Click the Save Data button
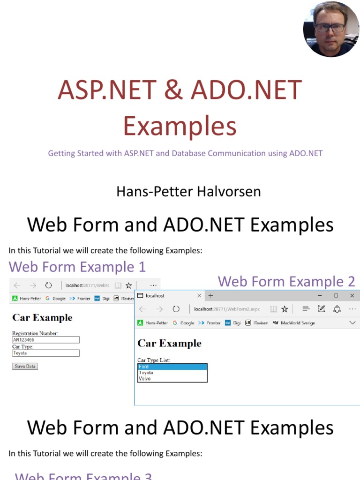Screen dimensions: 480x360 pos(25,366)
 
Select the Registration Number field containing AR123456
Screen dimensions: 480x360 pos(45,340)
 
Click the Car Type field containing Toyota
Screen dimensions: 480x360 pos(45,353)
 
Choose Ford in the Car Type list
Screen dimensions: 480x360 pos(172,367)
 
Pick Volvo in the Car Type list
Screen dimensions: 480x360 pos(172,378)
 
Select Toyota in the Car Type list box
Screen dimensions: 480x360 pos(172,373)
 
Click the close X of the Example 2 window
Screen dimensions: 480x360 pos(352,296)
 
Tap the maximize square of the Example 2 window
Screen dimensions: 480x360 pos(336,296)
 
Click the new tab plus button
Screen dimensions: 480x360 pos(211,296)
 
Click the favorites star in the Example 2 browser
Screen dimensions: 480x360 pos(284,309)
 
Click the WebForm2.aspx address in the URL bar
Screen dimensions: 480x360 pos(227,309)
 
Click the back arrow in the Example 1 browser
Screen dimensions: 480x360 pos(17,285)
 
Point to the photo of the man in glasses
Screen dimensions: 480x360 pos(331,29)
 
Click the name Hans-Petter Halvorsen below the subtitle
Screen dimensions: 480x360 pos(188,191)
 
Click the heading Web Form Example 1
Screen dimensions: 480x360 pos(77,267)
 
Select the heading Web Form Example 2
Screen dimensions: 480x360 pos(286,281)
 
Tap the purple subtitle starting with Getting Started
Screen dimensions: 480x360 pos(185,153)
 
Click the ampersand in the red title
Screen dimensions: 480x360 pos(174,90)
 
